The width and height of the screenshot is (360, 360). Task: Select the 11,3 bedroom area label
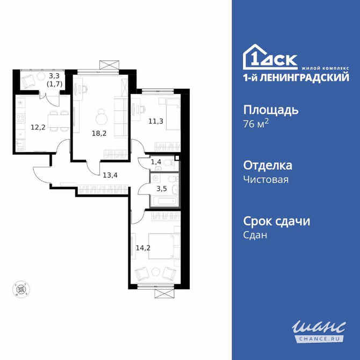156,121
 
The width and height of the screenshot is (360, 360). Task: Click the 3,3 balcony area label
54,76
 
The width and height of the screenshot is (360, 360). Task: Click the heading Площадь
271,110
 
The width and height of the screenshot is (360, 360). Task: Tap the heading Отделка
268,165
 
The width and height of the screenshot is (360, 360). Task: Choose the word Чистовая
266,179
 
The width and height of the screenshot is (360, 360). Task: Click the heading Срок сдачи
277,221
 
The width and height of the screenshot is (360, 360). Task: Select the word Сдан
255,235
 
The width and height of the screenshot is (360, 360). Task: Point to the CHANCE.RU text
319,337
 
